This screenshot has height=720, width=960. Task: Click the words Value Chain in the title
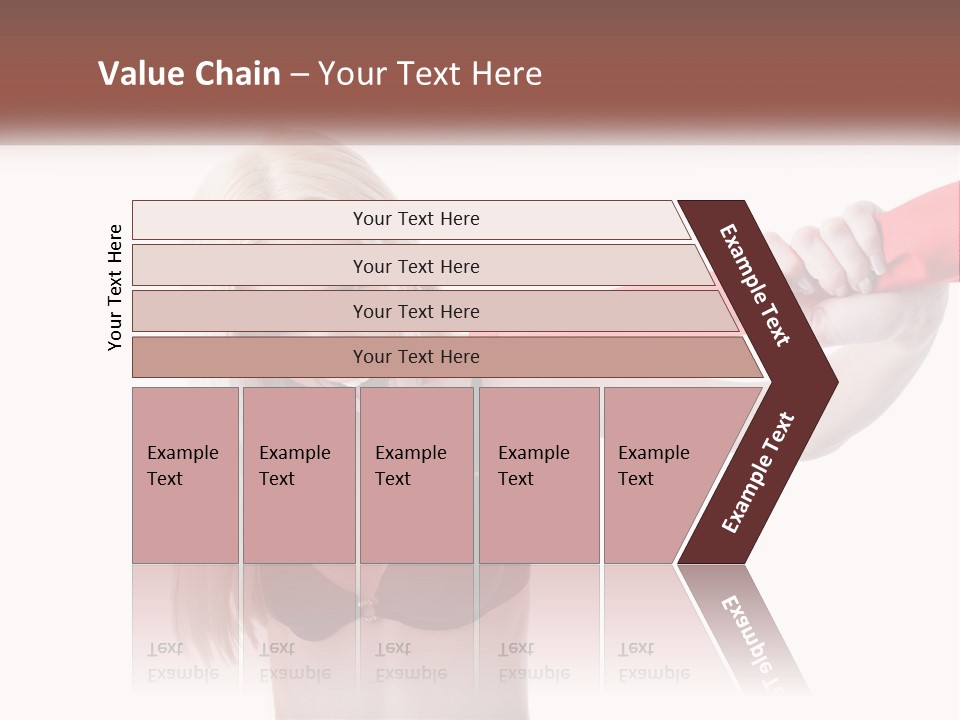[x=189, y=74]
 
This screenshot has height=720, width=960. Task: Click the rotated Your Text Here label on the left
[x=115, y=287]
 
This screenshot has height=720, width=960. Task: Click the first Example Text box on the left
[x=185, y=475]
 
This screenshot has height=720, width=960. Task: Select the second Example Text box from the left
[x=298, y=475]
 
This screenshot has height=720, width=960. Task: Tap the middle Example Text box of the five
[x=416, y=475]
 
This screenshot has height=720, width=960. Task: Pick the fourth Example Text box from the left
[x=539, y=475]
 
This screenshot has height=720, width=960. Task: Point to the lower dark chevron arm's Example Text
[x=758, y=473]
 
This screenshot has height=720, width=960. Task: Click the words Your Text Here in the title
[x=430, y=74]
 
